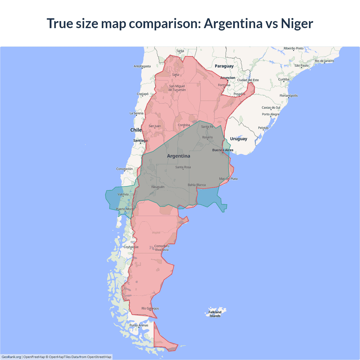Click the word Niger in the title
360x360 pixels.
(x=297, y=23)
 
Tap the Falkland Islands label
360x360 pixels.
(x=215, y=314)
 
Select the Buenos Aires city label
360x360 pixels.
(x=222, y=150)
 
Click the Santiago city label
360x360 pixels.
(x=140, y=140)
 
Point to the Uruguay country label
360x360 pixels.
(x=238, y=139)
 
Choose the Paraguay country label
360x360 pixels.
(x=224, y=66)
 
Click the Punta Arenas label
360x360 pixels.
(x=139, y=325)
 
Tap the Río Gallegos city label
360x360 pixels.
(x=150, y=308)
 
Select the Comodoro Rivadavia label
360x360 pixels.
(x=162, y=248)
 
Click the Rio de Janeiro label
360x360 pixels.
(x=324, y=61)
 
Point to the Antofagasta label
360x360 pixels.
(x=142, y=66)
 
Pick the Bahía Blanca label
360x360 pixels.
(x=197, y=185)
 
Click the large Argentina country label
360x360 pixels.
(x=179, y=156)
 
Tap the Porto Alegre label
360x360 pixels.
(x=271, y=114)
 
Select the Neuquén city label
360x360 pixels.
(x=158, y=187)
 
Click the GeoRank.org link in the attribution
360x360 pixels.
(x=11, y=357)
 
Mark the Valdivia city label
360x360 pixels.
(x=123, y=194)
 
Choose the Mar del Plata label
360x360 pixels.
(x=228, y=179)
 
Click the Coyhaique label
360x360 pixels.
(x=131, y=247)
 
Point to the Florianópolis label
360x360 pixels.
(x=289, y=96)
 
